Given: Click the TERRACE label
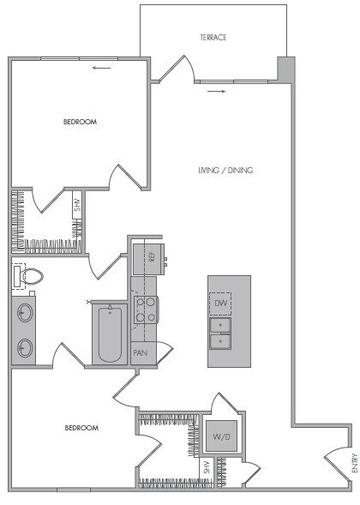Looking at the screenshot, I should click(213, 38).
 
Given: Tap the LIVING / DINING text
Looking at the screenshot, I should click(225, 170).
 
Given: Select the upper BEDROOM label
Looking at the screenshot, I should click(81, 122).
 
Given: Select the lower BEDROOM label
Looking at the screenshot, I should click(81, 427).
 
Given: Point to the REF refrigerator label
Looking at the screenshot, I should click(151, 255).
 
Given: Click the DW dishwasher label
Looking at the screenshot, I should click(219, 303).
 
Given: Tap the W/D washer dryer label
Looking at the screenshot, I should click(221, 436).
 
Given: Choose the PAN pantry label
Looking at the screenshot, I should click(140, 352).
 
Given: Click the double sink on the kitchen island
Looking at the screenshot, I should click(222, 334).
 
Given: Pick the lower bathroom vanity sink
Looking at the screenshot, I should click(26, 347).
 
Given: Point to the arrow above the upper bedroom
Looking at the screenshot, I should click(102, 67).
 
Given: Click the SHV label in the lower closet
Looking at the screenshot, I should click(206, 467).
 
